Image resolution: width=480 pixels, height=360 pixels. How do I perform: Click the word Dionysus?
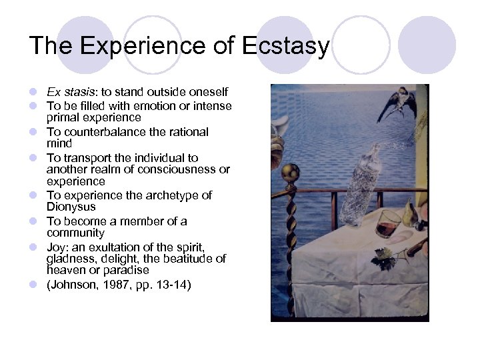71,207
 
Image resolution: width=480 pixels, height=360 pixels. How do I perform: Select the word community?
75,233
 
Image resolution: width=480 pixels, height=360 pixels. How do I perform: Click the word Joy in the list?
56,246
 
